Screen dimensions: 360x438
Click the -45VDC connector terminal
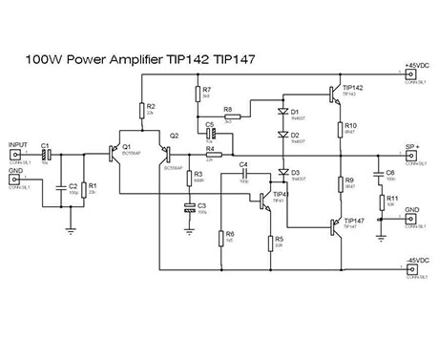412,269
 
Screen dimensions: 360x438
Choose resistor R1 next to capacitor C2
81,187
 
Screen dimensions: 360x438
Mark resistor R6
221,235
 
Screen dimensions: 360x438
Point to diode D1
283,113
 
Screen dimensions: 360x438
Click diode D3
283,173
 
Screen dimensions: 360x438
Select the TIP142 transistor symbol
333,93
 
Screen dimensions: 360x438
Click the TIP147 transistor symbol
333,225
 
